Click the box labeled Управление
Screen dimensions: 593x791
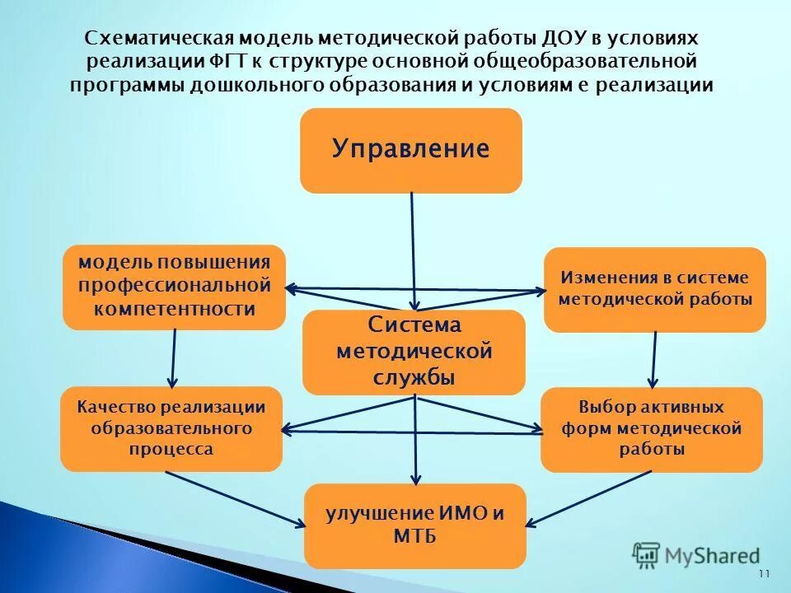(x=410, y=150)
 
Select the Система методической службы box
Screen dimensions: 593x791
(x=414, y=352)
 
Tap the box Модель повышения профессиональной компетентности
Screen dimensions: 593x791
(x=174, y=287)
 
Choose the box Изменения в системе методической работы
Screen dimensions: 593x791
(x=655, y=289)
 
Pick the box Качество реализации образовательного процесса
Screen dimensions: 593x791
(x=171, y=428)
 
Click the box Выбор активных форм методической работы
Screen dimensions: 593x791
(x=651, y=429)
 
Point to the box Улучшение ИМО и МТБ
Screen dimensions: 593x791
(x=414, y=525)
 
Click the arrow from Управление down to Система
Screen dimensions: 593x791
(x=413, y=247)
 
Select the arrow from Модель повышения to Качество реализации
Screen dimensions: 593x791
(x=174, y=357)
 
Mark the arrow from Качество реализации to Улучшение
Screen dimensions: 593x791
(x=235, y=499)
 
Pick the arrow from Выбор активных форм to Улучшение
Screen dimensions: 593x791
(x=589, y=498)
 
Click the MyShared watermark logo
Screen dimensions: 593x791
(x=696, y=556)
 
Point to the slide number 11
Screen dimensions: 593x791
(x=763, y=574)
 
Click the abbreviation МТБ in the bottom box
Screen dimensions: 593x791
(x=414, y=537)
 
